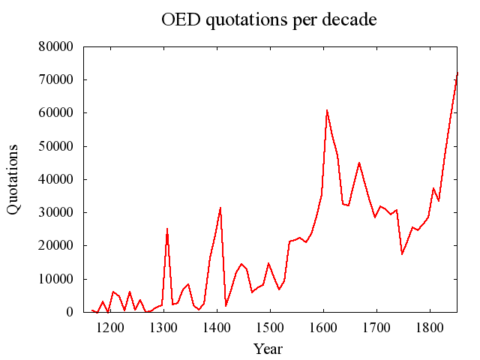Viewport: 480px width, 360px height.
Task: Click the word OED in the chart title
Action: point(179,19)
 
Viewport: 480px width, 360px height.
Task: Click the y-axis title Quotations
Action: point(13,178)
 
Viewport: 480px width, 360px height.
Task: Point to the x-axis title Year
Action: point(268,349)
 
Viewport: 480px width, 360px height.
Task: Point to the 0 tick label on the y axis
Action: point(68,312)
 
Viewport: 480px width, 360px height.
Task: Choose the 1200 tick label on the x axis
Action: point(110,328)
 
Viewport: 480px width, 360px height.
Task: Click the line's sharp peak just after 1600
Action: point(327,110)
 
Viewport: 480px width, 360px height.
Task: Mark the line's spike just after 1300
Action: point(167,229)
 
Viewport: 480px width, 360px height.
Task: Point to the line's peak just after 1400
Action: point(220,208)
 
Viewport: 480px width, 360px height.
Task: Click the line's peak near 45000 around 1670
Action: point(359,163)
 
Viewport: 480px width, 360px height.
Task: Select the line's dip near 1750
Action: point(402,253)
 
